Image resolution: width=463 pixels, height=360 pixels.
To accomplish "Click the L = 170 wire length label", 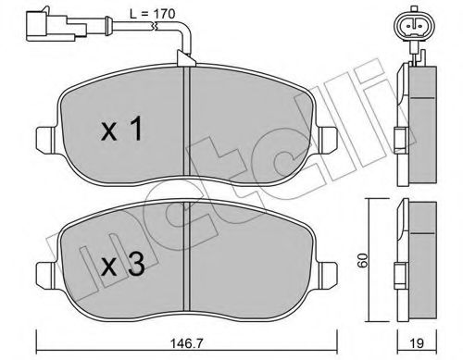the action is point(153,14).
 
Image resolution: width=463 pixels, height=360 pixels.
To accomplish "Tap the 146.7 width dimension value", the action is point(187,343).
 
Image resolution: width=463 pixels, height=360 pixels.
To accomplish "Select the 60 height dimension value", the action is point(363,260).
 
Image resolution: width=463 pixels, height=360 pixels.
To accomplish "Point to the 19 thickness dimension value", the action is point(417,343).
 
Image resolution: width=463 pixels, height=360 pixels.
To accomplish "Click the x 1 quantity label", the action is point(122,129).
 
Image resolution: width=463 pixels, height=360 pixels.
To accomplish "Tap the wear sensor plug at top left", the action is point(56,26).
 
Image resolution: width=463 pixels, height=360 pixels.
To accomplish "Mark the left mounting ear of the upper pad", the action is point(46,140).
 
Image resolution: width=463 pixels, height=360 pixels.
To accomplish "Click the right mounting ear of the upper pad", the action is point(328,140).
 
